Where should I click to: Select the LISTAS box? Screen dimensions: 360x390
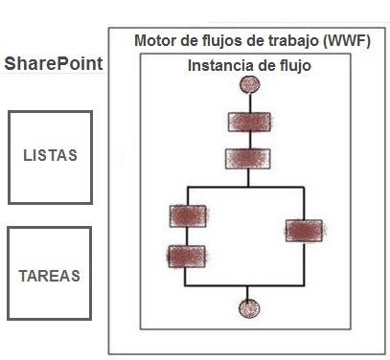coord(50,156)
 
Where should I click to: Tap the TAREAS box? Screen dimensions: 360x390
coord(49,275)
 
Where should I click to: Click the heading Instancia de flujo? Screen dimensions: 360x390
coord(248,67)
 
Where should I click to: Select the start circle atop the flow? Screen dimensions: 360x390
coord(251,84)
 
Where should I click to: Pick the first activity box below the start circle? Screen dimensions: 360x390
coord(250,123)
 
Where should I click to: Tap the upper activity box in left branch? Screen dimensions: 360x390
coord(187,215)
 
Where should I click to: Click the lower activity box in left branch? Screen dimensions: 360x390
coord(187,256)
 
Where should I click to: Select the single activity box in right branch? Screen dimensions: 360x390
coord(304,230)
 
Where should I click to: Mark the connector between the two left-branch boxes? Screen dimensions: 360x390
coord(187,236)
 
